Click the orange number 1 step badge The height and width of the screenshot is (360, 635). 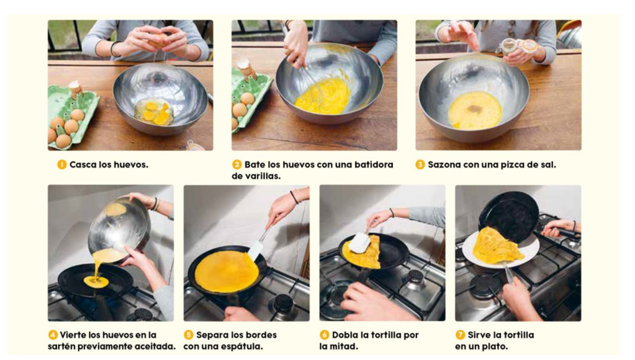(x=61, y=164)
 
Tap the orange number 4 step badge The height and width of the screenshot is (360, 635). (x=53, y=335)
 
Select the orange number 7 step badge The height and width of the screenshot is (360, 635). (x=460, y=335)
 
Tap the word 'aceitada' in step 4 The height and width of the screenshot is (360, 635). (x=155, y=346)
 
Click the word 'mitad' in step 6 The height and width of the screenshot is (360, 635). (x=344, y=346)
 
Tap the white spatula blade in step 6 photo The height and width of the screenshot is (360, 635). (x=359, y=243)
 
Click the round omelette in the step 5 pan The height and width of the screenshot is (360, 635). (x=227, y=271)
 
